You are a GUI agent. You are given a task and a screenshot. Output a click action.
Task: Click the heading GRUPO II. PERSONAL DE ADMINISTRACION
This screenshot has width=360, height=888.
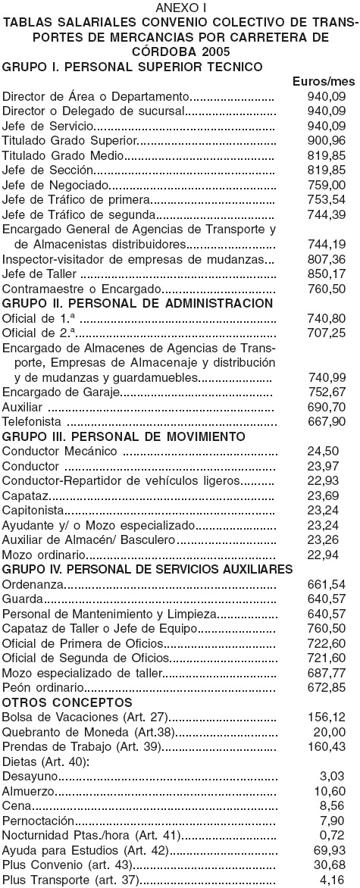(x=138, y=303)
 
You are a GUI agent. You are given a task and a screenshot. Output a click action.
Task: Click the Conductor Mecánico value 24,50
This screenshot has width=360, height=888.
(x=334, y=452)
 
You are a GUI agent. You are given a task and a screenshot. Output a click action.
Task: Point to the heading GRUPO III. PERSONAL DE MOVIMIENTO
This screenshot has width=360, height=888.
(x=124, y=436)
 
